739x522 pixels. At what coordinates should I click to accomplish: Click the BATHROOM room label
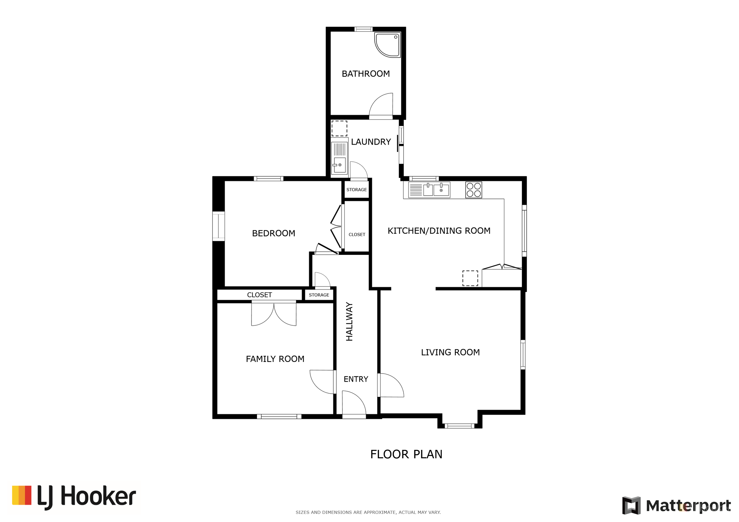pos(365,74)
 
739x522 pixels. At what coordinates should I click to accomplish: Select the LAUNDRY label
pos(371,142)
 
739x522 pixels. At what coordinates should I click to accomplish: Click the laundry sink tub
pos(339,158)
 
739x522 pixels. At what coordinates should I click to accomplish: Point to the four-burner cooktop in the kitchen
pos(473,190)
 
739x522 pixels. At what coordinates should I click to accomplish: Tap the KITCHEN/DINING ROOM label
pos(439,231)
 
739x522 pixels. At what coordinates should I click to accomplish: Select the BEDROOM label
pos(273,233)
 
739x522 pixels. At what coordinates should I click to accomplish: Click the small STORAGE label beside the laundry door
pos(356,190)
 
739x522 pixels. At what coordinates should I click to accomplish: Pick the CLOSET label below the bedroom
pos(259,295)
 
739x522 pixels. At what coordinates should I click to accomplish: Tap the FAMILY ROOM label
pos(275,359)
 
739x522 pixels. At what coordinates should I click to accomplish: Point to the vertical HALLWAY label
pos(349,321)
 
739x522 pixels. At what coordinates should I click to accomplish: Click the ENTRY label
pos(355,379)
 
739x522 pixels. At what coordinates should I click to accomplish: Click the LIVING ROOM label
pos(450,352)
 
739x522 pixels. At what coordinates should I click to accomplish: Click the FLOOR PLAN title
pos(406,454)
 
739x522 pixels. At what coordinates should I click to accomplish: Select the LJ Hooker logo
pos(74,497)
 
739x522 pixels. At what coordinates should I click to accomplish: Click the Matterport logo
pos(676,506)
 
